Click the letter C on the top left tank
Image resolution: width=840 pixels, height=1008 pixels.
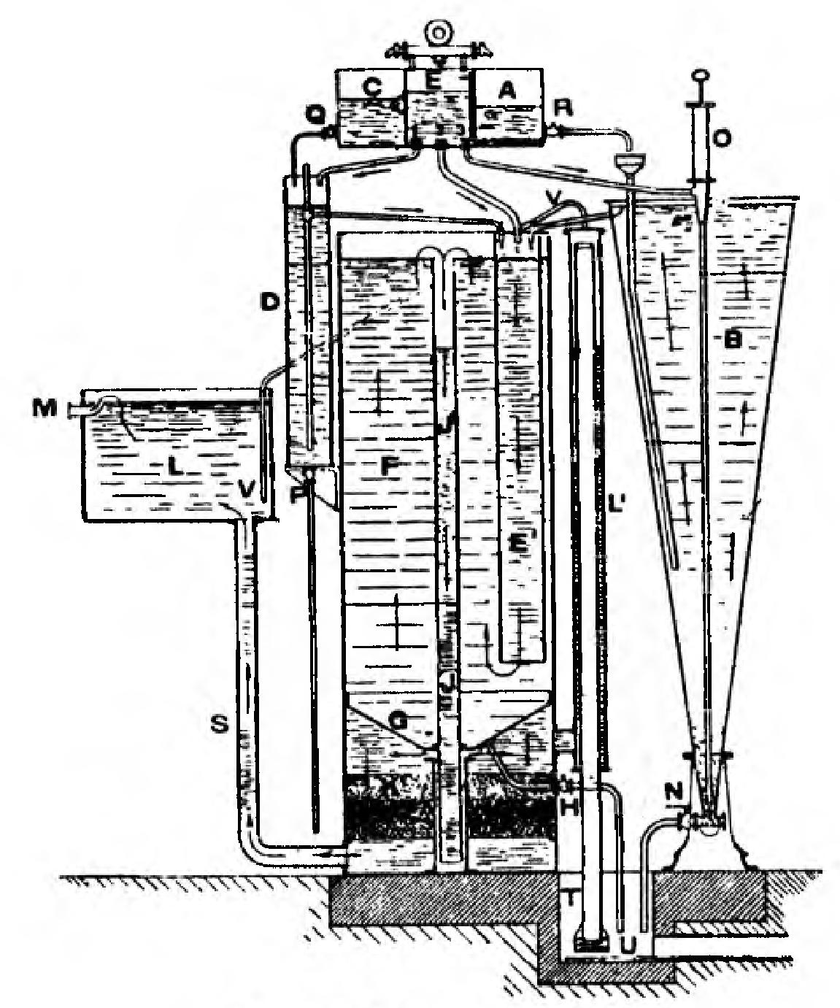click(371, 88)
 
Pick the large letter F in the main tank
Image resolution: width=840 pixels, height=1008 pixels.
click(390, 465)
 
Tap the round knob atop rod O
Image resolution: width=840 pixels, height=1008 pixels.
click(700, 75)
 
